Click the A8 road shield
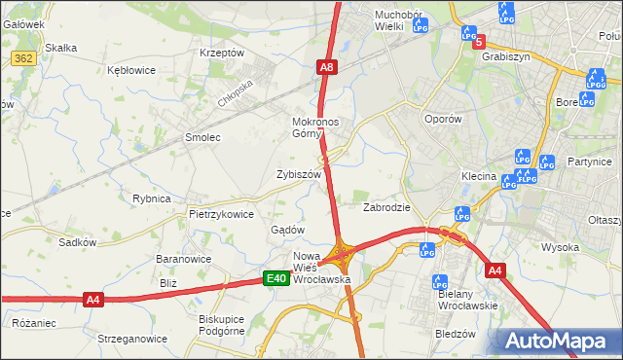tap(327, 67)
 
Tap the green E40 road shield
tap(276, 279)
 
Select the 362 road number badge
tap(24, 59)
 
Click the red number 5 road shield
tap(478, 41)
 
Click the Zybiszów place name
tap(298, 174)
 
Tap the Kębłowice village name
tap(131, 70)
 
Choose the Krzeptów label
tap(221, 53)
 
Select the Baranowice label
tap(184, 260)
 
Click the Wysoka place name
tap(560, 247)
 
